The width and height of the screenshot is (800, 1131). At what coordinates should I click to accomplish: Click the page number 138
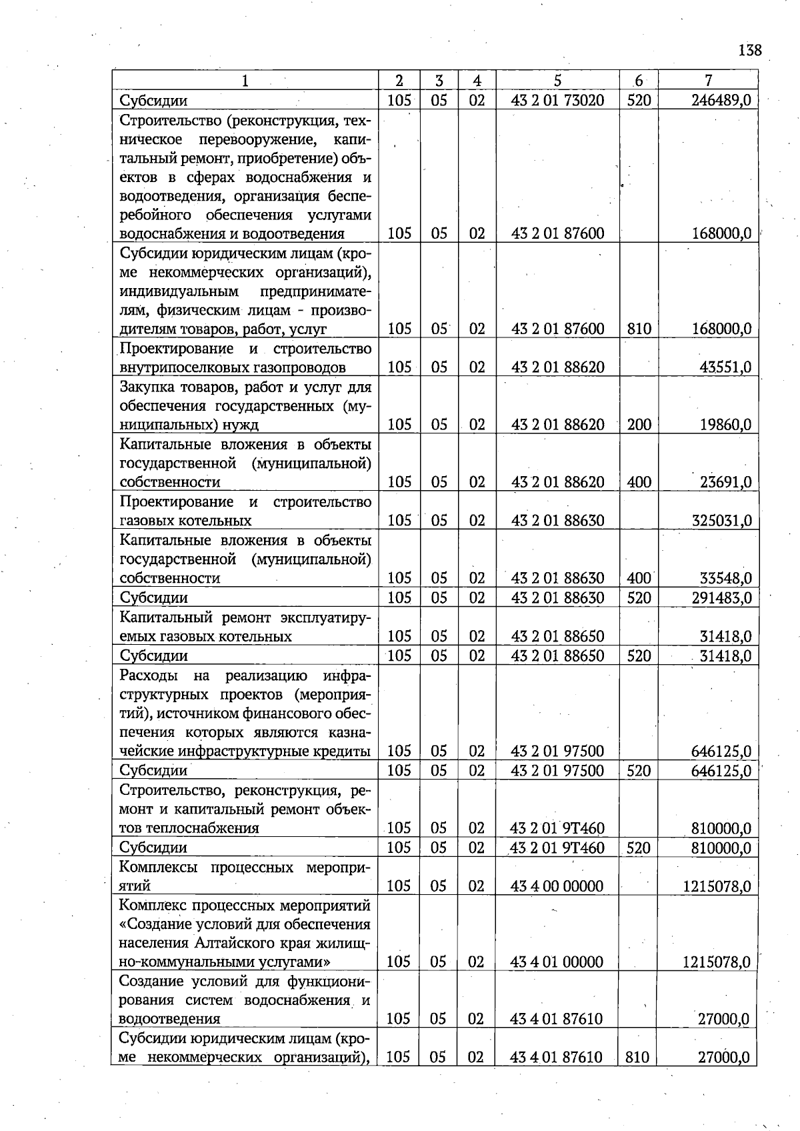tap(750, 51)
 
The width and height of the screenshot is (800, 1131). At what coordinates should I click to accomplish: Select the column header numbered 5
tap(557, 81)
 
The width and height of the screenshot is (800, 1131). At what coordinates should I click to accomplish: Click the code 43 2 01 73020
tap(557, 101)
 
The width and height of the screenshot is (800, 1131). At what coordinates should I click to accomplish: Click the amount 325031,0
tap(721, 520)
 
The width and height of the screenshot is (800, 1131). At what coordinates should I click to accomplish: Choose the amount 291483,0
tap(721, 598)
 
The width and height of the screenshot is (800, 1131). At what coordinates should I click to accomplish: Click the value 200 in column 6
tap(639, 425)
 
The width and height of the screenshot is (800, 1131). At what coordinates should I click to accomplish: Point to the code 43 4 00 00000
tap(557, 886)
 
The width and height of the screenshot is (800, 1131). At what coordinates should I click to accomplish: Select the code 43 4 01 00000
tap(557, 962)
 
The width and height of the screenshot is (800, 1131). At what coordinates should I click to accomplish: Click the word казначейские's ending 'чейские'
tap(149, 752)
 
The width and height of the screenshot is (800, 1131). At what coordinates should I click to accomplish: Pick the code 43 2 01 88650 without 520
tap(557, 636)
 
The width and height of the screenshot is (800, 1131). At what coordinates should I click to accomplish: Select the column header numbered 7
tap(708, 81)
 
